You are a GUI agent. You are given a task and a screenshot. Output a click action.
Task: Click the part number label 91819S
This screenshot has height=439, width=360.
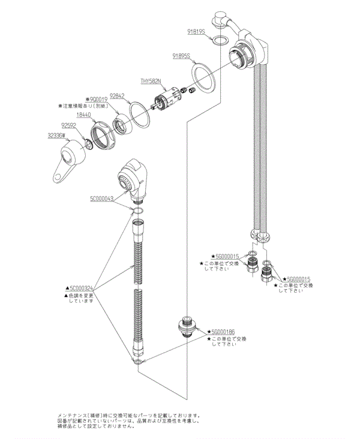point(196,31)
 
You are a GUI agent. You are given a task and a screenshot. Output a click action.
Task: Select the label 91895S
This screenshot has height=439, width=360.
point(181,56)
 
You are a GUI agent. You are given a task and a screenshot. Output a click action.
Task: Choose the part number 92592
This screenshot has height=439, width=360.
point(70,125)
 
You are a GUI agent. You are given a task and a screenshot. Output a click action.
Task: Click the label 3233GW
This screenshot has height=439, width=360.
point(58,136)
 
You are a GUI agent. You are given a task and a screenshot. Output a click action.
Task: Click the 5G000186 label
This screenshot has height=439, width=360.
point(223,332)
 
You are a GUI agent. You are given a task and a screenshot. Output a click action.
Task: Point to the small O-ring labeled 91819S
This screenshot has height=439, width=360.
point(220,41)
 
